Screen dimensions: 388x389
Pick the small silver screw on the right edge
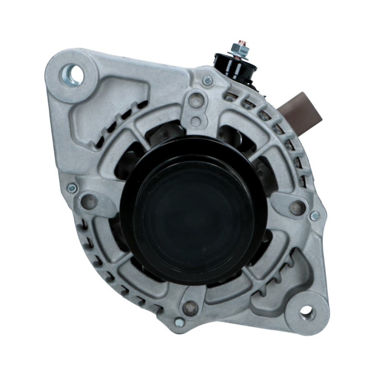315,216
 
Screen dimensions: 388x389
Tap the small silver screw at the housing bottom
180,322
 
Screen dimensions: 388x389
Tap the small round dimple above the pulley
196,121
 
